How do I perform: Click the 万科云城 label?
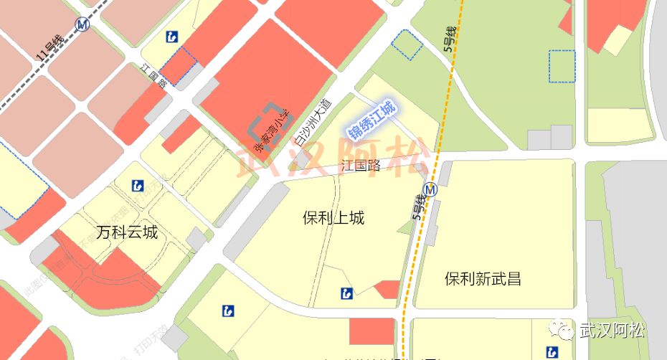click(126, 232)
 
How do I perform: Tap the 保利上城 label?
click(333, 218)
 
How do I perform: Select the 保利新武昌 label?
click(482, 279)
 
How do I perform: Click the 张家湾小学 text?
click(276, 131)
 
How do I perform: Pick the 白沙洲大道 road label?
click(314, 123)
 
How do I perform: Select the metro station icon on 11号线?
click(83, 24)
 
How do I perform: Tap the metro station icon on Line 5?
click(430, 190)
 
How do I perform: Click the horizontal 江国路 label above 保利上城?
click(361, 166)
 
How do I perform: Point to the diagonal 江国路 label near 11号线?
click(154, 76)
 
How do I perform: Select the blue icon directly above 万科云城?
click(138, 186)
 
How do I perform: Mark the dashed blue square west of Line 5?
click(407, 44)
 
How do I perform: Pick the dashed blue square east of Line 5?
click(562, 66)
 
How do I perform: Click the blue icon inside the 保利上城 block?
click(347, 293)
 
